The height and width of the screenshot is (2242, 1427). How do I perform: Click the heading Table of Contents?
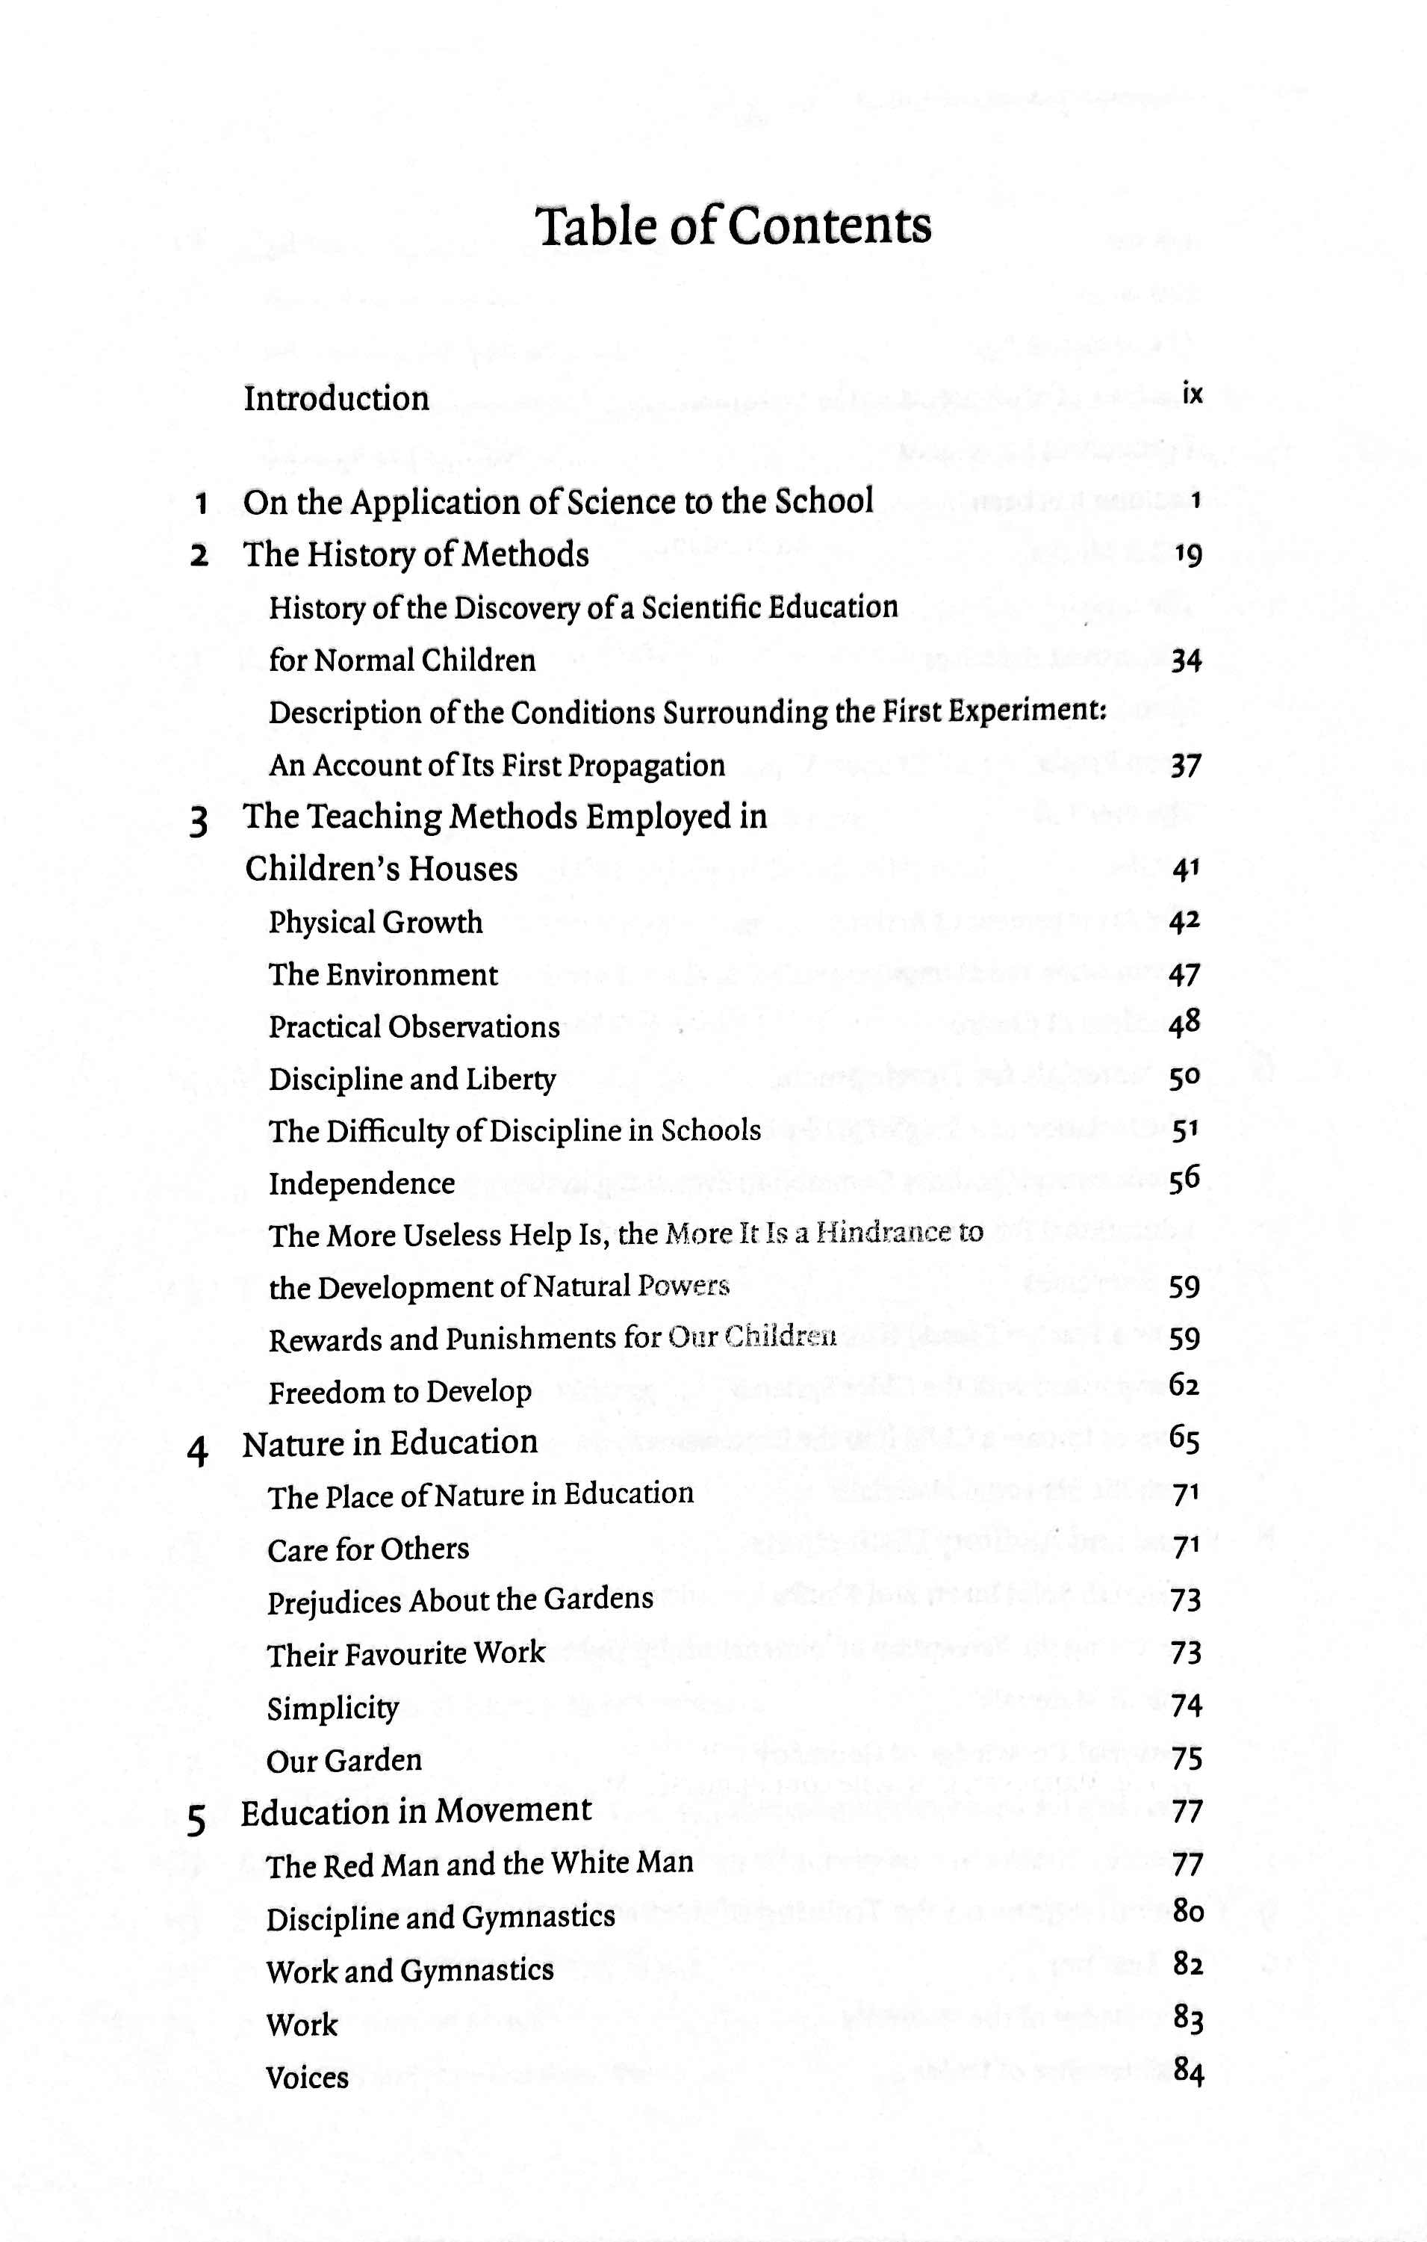click(x=733, y=226)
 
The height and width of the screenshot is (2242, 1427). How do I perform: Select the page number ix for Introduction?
click(x=1193, y=394)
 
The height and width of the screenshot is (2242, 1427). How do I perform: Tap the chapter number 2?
click(x=199, y=557)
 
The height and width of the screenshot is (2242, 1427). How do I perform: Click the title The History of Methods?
click(x=416, y=555)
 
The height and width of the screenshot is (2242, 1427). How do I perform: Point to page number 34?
click(x=1186, y=661)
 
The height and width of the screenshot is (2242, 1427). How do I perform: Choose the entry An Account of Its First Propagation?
click(x=496, y=765)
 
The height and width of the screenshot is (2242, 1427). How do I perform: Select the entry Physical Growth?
click(x=375, y=922)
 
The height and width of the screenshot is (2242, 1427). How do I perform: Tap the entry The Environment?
click(x=382, y=975)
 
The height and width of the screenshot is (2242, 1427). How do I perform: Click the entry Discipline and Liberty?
click(x=411, y=1079)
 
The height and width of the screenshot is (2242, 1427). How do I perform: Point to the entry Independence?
click(x=361, y=1183)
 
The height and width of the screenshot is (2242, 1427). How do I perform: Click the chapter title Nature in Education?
click(x=390, y=1442)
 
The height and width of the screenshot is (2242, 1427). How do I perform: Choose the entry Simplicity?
click(x=332, y=1709)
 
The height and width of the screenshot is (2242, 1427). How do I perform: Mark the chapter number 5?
click(x=196, y=1819)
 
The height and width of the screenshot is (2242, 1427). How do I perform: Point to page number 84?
click(x=1189, y=2072)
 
